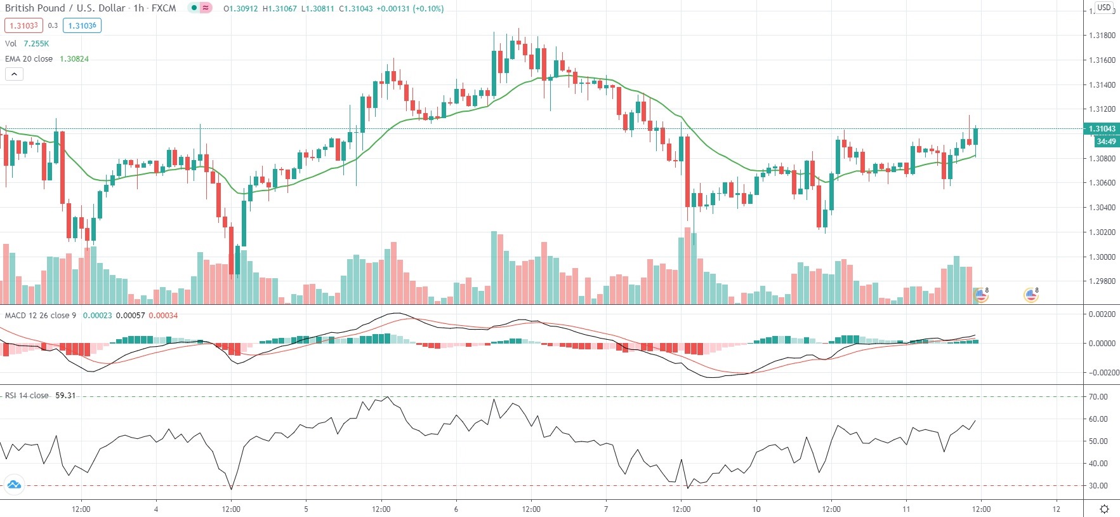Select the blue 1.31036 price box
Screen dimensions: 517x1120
(x=82, y=25)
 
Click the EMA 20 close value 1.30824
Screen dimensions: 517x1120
(x=74, y=59)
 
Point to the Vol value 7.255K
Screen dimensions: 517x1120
(x=36, y=44)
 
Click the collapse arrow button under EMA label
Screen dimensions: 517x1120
(x=14, y=74)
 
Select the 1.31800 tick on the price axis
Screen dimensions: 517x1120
(x=1102, y=36)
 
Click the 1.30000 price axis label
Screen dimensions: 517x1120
(x=1102, y=257)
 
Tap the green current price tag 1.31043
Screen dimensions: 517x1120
(x=1102, y=129)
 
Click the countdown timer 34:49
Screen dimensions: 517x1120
(x=1105, y=142)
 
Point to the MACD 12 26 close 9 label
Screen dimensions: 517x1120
(x=41, y=316)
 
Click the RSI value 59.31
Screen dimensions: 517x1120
(x=65, y=396)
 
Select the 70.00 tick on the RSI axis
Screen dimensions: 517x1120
(x=1098, y=397)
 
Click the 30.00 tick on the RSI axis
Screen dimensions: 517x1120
(x=1098, y=486)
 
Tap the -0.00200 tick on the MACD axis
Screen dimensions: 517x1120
(x=1104, y=373)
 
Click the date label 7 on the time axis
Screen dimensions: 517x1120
(x=606, y=509)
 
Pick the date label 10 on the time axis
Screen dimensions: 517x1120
(x=756, y=509)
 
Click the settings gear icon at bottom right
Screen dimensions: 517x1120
(x=1104, y=509)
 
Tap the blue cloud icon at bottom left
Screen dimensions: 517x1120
(x=13, y=485)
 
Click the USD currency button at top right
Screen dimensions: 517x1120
(x=1104, y=8)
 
